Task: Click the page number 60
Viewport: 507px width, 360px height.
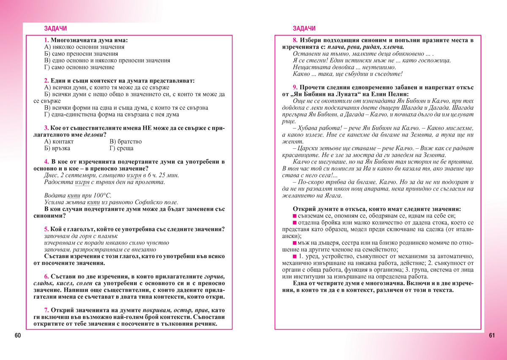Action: pos(17,335)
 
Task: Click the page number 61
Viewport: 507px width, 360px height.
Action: pos(491,335)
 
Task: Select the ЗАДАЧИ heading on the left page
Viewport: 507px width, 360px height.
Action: pos(55,29)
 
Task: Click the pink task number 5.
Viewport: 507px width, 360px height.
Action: pos(46,229)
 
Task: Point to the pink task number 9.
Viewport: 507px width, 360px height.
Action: pos(294,87)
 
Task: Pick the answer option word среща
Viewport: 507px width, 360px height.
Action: pos(125,148)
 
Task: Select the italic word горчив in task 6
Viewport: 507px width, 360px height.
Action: pos(214,277)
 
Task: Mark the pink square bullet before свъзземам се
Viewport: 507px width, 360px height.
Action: pos(294,216)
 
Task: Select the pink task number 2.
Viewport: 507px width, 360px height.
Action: pos(46,81)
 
